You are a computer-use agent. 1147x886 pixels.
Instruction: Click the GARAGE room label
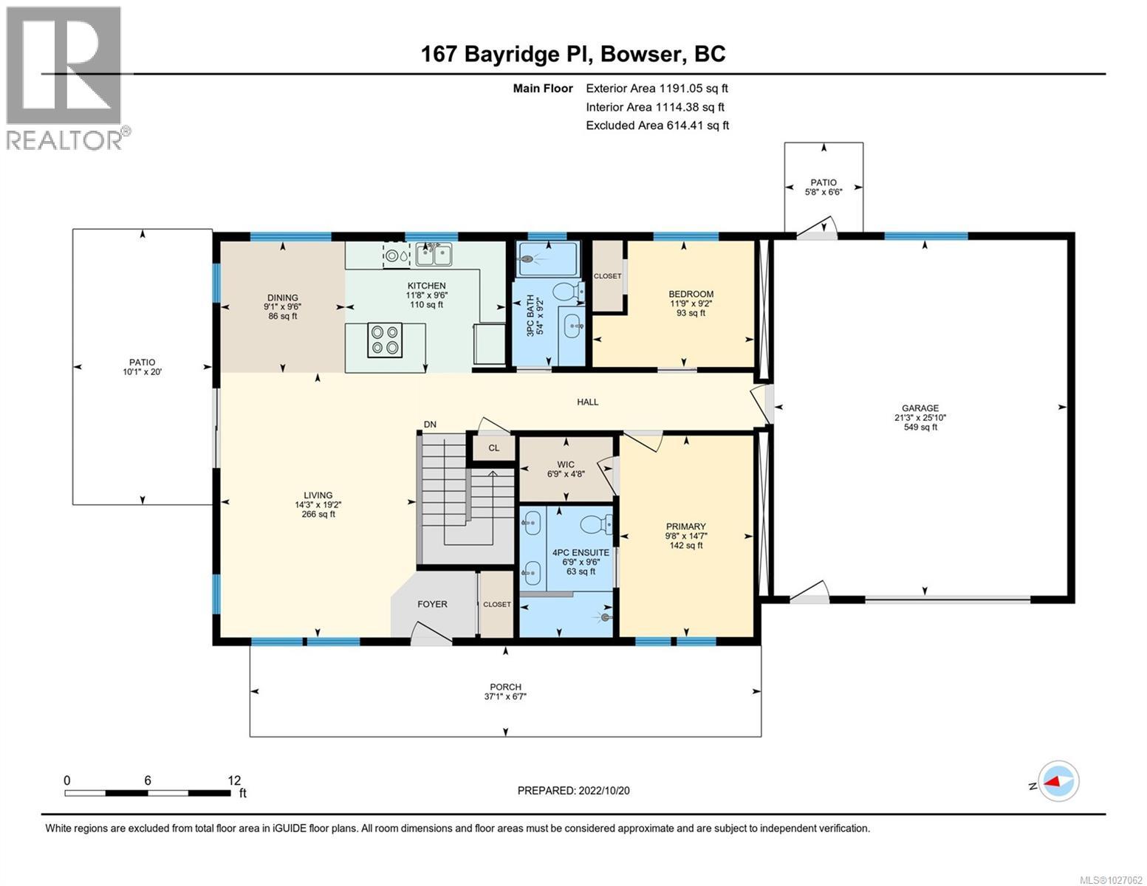pos(920,408)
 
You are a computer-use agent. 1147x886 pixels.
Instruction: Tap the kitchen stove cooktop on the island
pos(384,340)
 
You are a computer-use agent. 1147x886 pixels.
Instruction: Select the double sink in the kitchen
pos(434,255)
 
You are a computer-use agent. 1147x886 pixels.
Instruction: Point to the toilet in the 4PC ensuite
pos(592,525)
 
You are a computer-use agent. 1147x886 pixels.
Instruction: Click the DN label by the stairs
pos(430,425)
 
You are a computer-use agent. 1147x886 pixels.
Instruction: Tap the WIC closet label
pos(566,465)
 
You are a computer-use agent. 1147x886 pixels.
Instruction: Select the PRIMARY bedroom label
pos(686,527)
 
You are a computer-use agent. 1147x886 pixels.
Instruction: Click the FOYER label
pos(432,604)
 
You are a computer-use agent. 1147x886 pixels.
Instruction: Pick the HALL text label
pos(588,402)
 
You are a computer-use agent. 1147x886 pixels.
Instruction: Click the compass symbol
pos(1058,780)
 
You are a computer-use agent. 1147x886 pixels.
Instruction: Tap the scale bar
pos(147,793)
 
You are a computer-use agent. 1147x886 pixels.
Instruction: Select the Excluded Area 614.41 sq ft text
pos(657,126)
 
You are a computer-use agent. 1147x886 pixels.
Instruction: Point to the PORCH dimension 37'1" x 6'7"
pos(506,696)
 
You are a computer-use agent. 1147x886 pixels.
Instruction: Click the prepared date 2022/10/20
pos(573,790)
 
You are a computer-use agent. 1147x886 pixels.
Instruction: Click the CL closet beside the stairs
pos(493,447)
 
